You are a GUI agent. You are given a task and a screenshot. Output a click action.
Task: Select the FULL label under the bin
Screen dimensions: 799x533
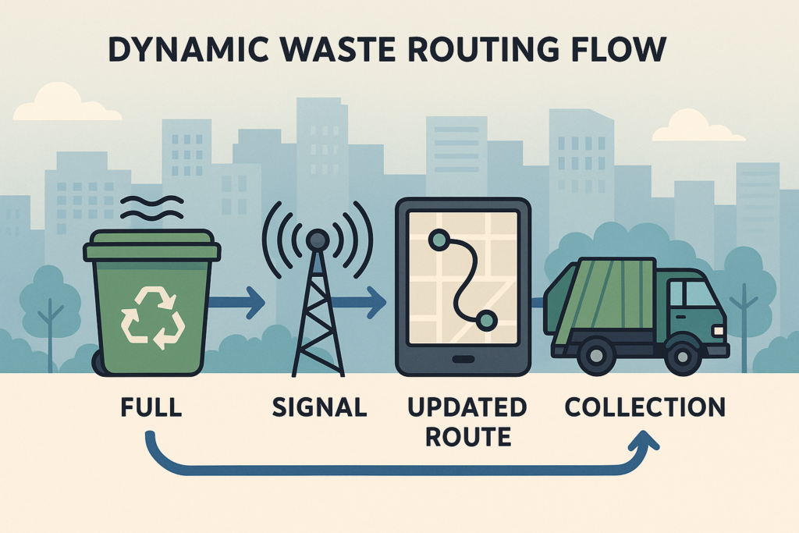(151, 407)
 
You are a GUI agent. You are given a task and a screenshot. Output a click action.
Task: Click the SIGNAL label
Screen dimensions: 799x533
(319, 407)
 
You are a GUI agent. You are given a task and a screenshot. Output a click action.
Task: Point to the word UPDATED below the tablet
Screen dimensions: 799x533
(467, 407)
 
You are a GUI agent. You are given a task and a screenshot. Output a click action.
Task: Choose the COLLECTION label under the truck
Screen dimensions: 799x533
(645, 407)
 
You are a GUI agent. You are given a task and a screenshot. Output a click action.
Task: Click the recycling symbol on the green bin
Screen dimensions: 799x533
(152, 318)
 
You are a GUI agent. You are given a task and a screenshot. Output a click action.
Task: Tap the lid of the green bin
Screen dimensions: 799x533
(152, 246)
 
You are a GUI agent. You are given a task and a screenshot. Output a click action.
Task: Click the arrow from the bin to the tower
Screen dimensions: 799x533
(237, 302)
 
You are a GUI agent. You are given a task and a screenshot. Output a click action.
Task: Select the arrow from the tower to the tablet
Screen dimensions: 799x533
(358, 302)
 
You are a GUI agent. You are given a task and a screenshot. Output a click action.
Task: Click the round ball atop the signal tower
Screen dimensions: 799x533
(318, 239)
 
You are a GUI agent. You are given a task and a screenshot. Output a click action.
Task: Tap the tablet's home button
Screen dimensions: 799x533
(463, 359)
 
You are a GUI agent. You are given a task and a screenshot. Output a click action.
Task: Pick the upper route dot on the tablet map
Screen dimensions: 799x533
(439, 240)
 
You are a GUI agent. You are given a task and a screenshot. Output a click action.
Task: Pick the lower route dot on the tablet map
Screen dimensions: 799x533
(487, 320)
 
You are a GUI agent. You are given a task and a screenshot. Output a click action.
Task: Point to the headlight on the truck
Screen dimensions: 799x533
(719, 331)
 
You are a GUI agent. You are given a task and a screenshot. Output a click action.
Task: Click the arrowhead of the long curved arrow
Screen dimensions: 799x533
(645, 441)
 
